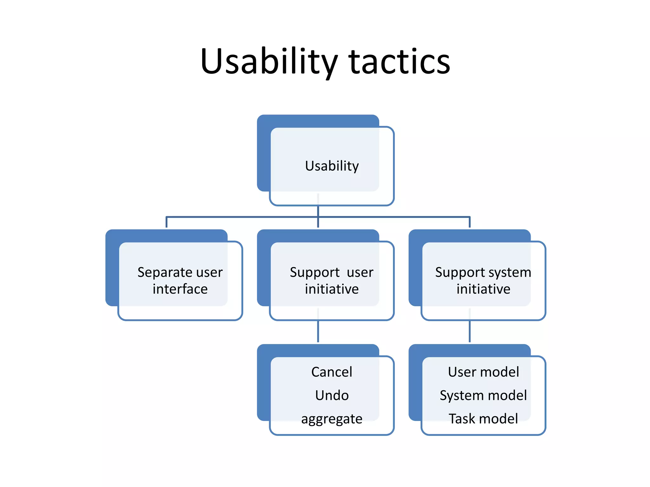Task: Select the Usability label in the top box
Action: point(332,166)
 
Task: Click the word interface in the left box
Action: point(180,289)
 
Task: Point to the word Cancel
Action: point(332,372)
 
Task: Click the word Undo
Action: point(332,395)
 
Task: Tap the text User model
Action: point(483,372)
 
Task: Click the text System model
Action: point(483,395)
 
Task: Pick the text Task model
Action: point(483,419)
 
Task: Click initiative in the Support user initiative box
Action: point(332,289)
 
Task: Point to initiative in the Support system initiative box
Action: point(483,289)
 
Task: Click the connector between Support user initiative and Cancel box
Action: point(318,331)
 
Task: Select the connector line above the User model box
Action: point(470,331)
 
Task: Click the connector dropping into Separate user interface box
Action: point(166,222)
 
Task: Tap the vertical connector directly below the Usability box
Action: point(318,211)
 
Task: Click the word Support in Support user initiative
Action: point(315,272)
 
